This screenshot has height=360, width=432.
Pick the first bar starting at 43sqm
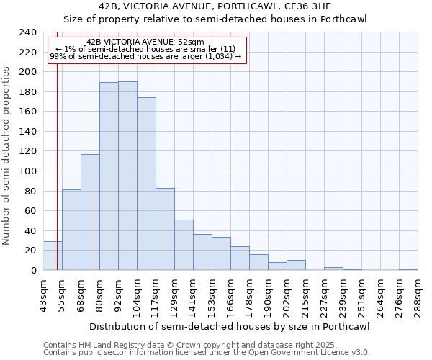(53, 256)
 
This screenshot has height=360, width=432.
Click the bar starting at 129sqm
(184, 245)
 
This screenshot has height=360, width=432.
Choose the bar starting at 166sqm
(240, 258)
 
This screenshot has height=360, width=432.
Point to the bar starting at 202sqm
(296, 265)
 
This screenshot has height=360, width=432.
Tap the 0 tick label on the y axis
(33, 271)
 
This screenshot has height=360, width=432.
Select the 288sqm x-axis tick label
(418, 295)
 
